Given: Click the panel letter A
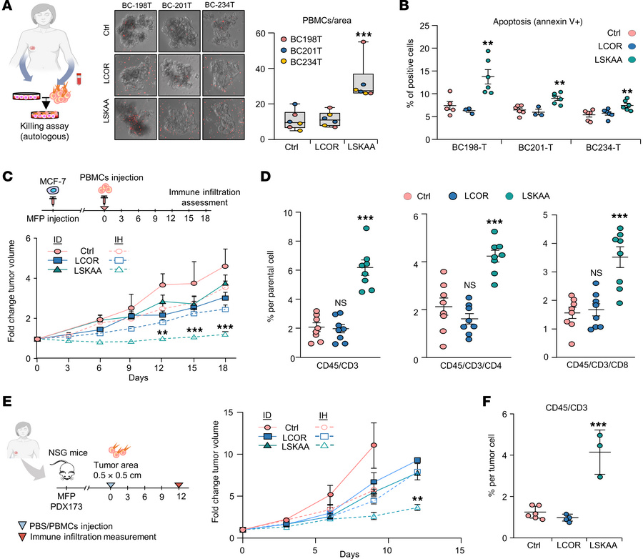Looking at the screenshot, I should pos(7,8).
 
